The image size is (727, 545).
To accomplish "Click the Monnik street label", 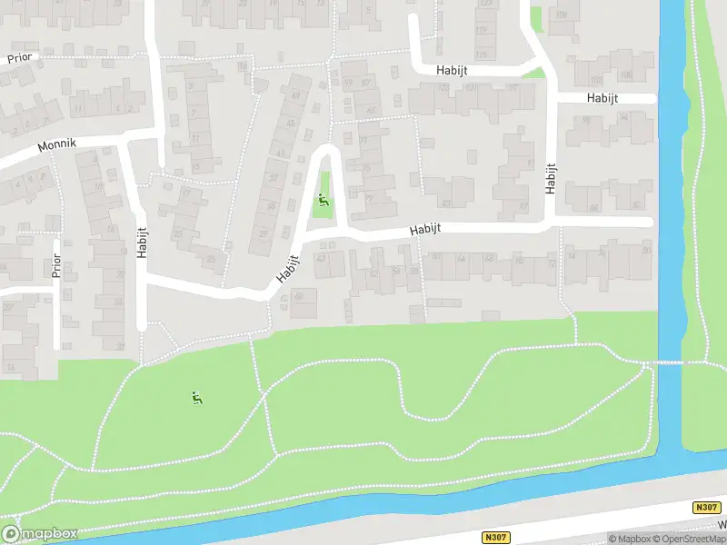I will pyautogui.click(x=56, y=145).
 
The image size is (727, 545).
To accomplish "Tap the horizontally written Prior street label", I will pyautogui.click(x=19, y=57).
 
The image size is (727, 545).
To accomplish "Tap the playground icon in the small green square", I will pyautogui.click(x=322, y=202).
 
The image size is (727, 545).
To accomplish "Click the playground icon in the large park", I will pyautogui.click(x=196, y=397).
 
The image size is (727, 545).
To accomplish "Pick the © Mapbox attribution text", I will pyautogui.click(x=629, y=539).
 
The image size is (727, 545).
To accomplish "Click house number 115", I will pyautogui.click(x=481, y=55).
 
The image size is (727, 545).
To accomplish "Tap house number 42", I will pyautogui.click(x=320, y=258).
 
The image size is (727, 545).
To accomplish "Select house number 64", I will pyautogui.click(x=462, y=258).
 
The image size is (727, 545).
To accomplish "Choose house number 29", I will pyautogui.click(x=264, y=233).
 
